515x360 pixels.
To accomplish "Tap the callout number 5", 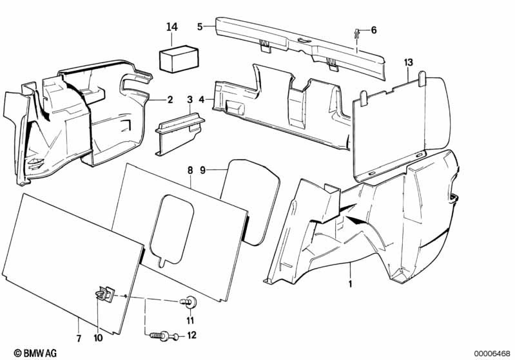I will click(x=200, y=26).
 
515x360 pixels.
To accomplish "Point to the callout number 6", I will click(x=374, y=30).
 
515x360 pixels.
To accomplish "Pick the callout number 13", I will click(x=407, y=62).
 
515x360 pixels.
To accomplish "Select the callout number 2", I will click(x=170, y=100).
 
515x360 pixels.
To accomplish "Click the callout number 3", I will click(x=189, y=100).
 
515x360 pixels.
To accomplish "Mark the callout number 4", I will click(x=202, y=100).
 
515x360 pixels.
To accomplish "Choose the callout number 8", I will click(x=189, y=171).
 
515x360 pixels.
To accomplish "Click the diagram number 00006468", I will click(x=492, y=353).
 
